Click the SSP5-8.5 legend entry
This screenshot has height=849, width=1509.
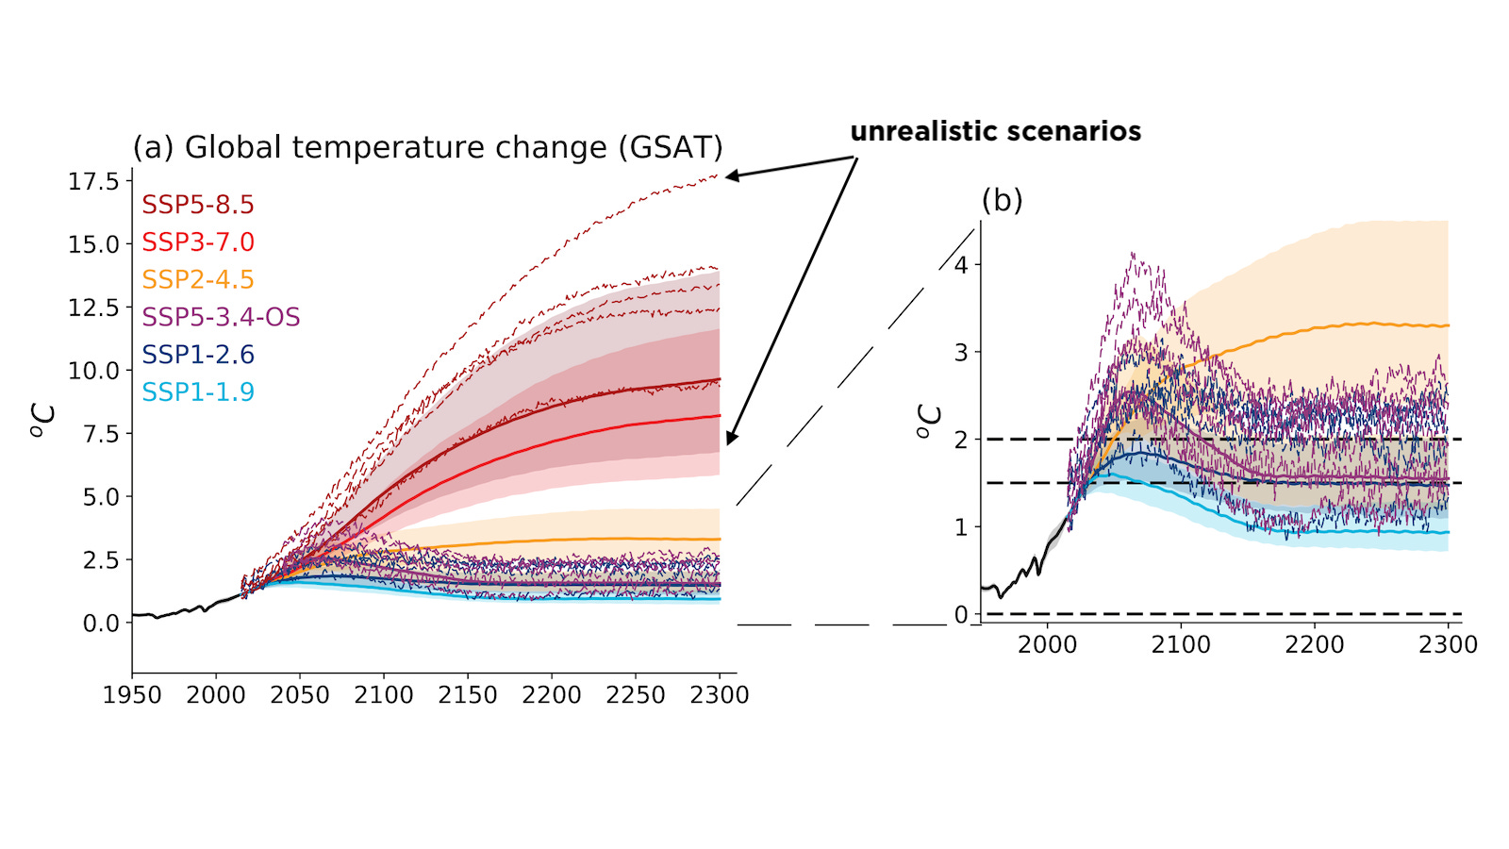point(198,205)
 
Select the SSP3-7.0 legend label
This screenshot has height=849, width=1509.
point(198,242)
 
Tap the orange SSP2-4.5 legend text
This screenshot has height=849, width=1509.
point(198,280)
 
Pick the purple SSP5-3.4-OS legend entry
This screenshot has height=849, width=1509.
point(221,317)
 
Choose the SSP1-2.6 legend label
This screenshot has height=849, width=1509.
point(198,355)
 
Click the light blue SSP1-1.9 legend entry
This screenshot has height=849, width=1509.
point(198,392)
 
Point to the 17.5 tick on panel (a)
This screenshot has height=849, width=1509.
point(93,181)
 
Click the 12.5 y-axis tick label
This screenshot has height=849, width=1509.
point(93,308)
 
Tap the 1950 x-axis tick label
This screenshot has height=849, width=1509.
point(132,696)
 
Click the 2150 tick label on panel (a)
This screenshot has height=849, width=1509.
point(468,696)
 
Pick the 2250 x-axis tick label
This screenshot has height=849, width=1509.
point(636,696)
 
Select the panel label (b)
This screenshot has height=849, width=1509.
point(1002,200)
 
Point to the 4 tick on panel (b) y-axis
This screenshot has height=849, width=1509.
point(961,265)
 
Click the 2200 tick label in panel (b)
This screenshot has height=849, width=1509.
point(1314,645)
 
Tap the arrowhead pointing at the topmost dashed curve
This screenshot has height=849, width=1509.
point(732,175)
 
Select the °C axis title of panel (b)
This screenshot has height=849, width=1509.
point(929,422)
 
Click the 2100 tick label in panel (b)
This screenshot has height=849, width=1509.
point(1181,645)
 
